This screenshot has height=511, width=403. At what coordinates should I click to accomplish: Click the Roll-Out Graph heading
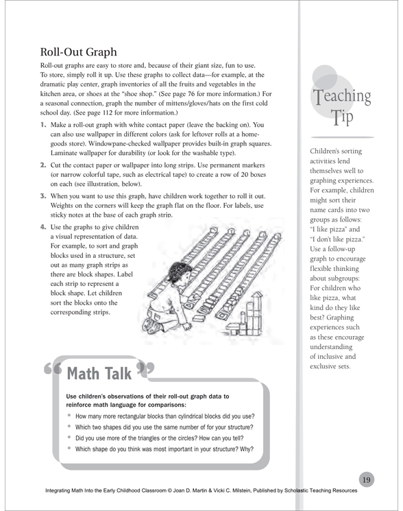click(78, 52)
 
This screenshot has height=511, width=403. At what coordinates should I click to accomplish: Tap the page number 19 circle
click(366, 479)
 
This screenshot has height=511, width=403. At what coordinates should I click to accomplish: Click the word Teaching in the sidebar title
click(342, 96)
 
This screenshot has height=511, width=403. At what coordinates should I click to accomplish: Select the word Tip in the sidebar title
click(342, 117)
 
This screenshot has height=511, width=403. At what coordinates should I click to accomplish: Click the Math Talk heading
click(99, 373)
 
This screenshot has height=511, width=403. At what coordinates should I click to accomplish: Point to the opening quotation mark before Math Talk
click(52, 368)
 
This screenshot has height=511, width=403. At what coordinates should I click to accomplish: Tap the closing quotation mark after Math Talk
click(145, 367)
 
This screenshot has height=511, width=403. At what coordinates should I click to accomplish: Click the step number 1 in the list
click(43, 125)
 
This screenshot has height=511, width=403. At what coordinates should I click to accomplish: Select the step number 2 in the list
click(43, 165)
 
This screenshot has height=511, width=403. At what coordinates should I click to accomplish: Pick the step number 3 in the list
click(43, 196)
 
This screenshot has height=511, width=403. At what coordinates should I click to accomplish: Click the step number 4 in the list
click(43, 227)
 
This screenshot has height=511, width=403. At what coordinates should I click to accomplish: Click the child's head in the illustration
click(178, 273)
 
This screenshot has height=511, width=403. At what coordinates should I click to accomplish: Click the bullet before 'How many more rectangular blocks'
click(69, 415)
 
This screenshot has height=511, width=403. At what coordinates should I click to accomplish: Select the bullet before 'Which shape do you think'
click(69, 448)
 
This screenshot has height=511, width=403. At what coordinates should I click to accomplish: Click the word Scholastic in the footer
click(296, 490)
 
